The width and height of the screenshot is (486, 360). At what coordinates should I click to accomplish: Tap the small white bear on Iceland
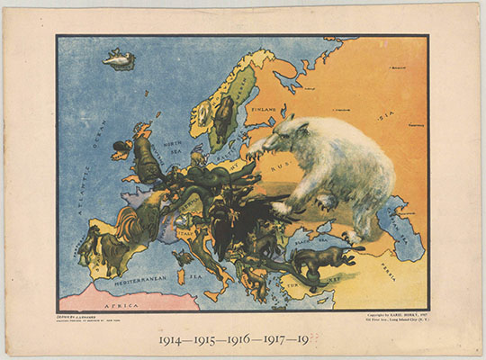click(117, 61)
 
